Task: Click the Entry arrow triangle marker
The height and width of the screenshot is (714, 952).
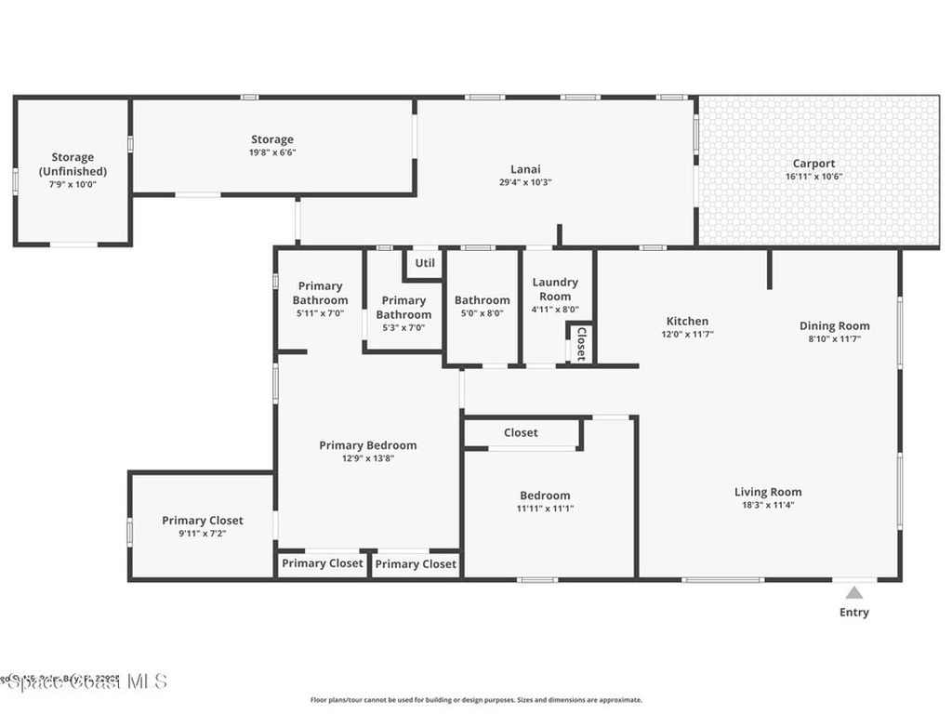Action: click(x=854, y=591)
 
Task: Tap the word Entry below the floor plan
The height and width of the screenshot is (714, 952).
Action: click(x=854, y=612)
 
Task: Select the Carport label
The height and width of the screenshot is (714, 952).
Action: click(x=813, y=164)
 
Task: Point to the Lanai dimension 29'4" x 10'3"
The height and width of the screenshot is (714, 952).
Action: click(x=525, y=182)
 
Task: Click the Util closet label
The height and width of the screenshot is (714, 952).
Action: click(x=425, y=263)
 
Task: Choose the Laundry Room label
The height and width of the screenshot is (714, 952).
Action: click(x=555, y=289)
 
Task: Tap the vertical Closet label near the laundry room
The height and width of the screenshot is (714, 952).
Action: click(x=581, y=343)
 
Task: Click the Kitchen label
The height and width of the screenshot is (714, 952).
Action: click(x=687, y=322)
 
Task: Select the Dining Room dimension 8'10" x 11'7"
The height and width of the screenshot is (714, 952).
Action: click(x=835, y=339)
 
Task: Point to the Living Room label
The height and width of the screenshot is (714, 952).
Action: click(x=768, y=492)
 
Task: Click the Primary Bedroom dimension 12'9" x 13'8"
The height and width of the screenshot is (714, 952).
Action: click(x=367, y=458)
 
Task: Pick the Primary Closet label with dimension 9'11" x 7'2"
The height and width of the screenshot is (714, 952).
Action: click(x=203, y=521)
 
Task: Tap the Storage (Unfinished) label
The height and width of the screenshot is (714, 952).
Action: click(x=73, y=165)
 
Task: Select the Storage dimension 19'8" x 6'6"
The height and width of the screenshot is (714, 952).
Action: click(x=272, y=152)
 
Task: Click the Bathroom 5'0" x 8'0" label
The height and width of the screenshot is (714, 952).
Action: click(x=482, y=300)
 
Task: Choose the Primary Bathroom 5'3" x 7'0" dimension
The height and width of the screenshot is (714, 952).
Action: click(x=403, y=327)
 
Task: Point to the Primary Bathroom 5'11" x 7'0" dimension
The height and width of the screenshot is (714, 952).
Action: click(x=320, y=313)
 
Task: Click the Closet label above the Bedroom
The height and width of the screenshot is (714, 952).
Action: click(x=521, y=432)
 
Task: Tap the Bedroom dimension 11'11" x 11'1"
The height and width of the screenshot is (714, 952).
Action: click(x=545, y=509)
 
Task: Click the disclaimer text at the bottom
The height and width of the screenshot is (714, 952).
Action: click(x=476, y=700)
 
